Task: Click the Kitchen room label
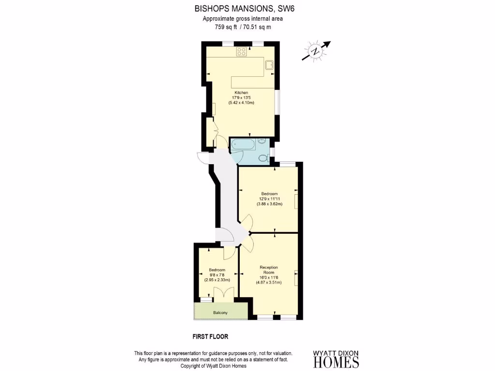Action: coord(241,92)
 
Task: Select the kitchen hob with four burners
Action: coord(241,52)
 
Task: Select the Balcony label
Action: coord(220,313)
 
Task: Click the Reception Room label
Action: coord(269,270)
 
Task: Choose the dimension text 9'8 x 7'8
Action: coord(217,275)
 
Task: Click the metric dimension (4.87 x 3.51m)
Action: coord(269,282)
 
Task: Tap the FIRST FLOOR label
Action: coord(210,336)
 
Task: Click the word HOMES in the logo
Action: coord(336,362)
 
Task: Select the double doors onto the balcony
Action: coord(223,293)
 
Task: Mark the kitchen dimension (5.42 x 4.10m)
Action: coord(241,102)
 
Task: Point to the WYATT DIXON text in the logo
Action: coord(336,353)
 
